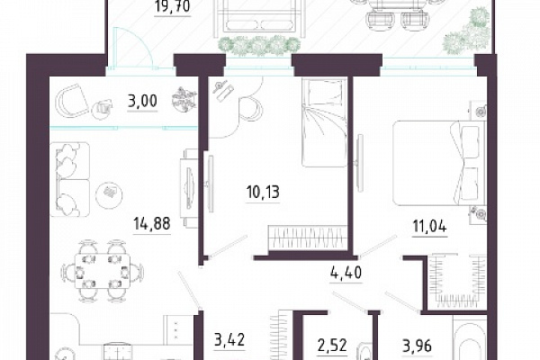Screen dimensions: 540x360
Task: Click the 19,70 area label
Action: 172,7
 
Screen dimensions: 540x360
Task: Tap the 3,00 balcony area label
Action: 142,102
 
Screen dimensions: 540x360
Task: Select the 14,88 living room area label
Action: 152,224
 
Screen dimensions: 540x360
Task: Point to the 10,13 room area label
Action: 263,193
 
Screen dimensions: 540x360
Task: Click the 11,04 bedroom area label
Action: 429,227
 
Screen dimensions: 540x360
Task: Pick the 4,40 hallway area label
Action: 345,274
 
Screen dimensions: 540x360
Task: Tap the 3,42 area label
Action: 229,340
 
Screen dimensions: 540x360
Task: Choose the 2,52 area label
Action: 332,346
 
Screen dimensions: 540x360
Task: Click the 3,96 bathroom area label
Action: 417,346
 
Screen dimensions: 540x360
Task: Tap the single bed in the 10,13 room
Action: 324,122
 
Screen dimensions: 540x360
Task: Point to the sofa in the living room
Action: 70,179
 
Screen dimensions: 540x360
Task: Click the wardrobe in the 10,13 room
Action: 308,238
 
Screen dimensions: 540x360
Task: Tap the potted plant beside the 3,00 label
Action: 184,99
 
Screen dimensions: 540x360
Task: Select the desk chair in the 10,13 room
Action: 250,108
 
